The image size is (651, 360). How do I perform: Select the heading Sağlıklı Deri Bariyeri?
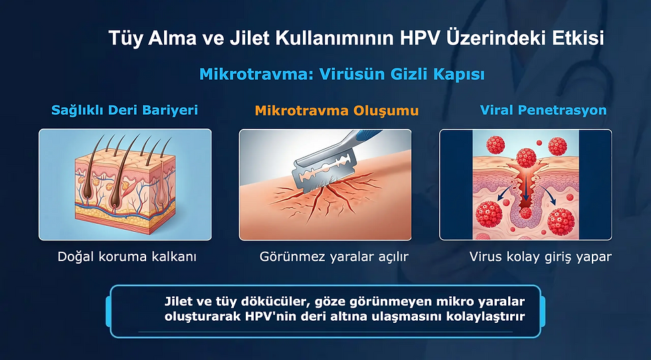point(125,110)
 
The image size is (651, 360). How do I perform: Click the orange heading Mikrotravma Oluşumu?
point(337,110)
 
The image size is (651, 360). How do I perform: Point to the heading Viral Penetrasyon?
point(543,110)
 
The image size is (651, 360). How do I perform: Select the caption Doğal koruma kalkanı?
point(127,256)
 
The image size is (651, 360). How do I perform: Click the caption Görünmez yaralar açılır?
point(333,256)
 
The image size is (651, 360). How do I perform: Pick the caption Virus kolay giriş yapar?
point(540,256)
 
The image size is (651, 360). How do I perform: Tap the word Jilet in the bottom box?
point(179,301)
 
